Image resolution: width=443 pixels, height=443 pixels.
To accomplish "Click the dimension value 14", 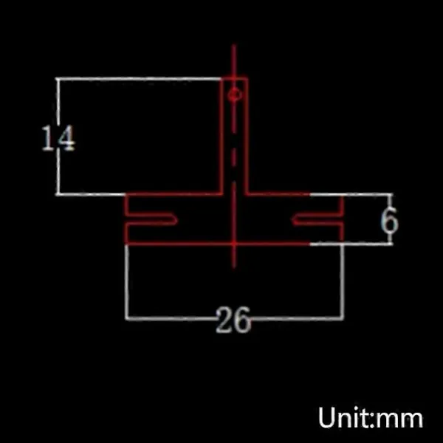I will (x=58, y=138).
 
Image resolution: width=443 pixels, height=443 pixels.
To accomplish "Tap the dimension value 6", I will (x=389, y=221).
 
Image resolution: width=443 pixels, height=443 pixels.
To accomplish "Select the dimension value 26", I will (x=233, y=320).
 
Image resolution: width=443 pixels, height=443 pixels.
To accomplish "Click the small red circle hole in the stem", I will (x=234, y=95).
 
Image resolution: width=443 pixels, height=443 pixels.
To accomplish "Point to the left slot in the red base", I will (x=152, y=219).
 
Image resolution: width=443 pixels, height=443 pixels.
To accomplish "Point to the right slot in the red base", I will (x=316, y=219).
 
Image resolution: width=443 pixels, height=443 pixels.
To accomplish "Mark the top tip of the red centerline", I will (x=234, y=46).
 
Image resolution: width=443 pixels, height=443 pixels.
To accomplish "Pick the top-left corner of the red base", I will (x=126, y=195).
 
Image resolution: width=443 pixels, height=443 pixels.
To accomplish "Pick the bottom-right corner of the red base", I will (x=343, y=243).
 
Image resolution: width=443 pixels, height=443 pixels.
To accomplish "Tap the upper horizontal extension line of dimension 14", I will (x=140, y=78).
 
